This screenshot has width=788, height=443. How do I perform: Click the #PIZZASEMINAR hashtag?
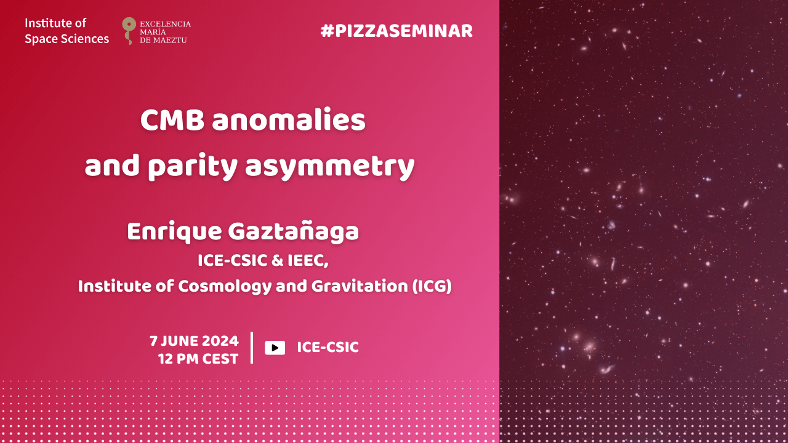396,31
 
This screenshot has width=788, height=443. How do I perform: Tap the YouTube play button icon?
275,348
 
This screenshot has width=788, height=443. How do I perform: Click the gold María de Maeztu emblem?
129,31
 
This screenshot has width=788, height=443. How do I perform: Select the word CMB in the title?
172,120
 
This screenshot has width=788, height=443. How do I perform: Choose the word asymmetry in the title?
329,167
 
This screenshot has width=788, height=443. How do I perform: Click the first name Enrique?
174,232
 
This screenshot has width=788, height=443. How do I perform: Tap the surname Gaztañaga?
294,232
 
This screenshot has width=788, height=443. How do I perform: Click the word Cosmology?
225,287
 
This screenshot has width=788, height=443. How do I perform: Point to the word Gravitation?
360,286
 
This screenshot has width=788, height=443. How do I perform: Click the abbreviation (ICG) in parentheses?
432,286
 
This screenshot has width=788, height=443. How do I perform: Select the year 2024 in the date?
220,341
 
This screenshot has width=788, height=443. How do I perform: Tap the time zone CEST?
220,359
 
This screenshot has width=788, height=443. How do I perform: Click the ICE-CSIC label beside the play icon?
328,348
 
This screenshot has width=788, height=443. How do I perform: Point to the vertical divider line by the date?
252,348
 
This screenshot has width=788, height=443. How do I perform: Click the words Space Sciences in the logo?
67,39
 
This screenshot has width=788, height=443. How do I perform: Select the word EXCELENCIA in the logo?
166,24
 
